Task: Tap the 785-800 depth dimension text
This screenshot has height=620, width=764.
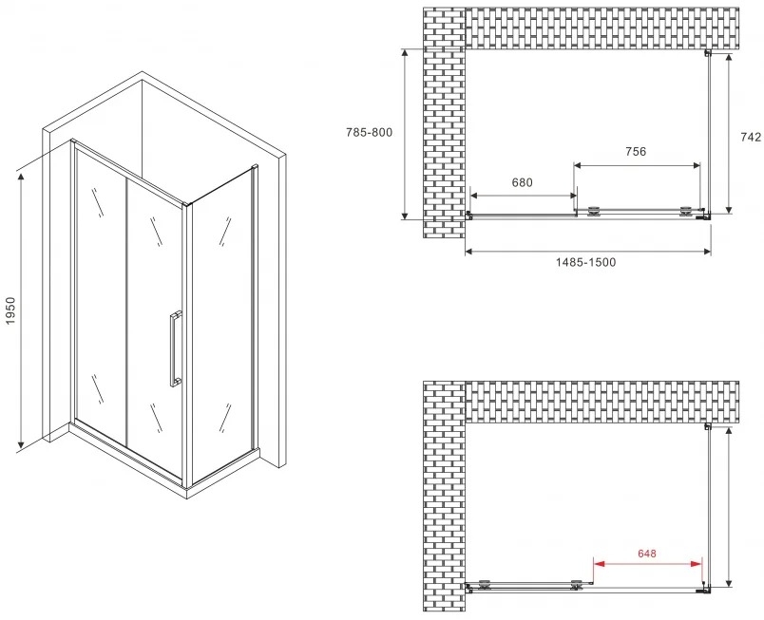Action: coord(369,132)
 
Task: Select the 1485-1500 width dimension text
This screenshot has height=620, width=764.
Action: coord(585,262)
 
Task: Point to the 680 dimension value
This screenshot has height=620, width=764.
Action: coord(522,182)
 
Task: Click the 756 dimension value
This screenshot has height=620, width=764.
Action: coord(636,152)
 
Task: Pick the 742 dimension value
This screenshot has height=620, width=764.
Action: coord(751,138)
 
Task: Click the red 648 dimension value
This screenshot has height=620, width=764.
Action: coord(646,554)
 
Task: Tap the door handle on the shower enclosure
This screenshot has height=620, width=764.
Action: coord(175,348)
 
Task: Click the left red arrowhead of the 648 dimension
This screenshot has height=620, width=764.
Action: coord(599,564)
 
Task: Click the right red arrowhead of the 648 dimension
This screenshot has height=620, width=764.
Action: coord(697,564)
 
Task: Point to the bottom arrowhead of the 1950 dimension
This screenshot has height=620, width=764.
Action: coord(21,442)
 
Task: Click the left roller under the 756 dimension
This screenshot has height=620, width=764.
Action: coord(594,211)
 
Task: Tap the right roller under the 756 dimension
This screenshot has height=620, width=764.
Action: coord(685,211)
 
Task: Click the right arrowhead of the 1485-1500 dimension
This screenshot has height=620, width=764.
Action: coord(705,252)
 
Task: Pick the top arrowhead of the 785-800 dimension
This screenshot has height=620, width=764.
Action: coord(405,55)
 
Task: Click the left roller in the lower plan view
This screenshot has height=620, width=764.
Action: coord(485,585)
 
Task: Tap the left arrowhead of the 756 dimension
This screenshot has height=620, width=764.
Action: coord(580,165)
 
